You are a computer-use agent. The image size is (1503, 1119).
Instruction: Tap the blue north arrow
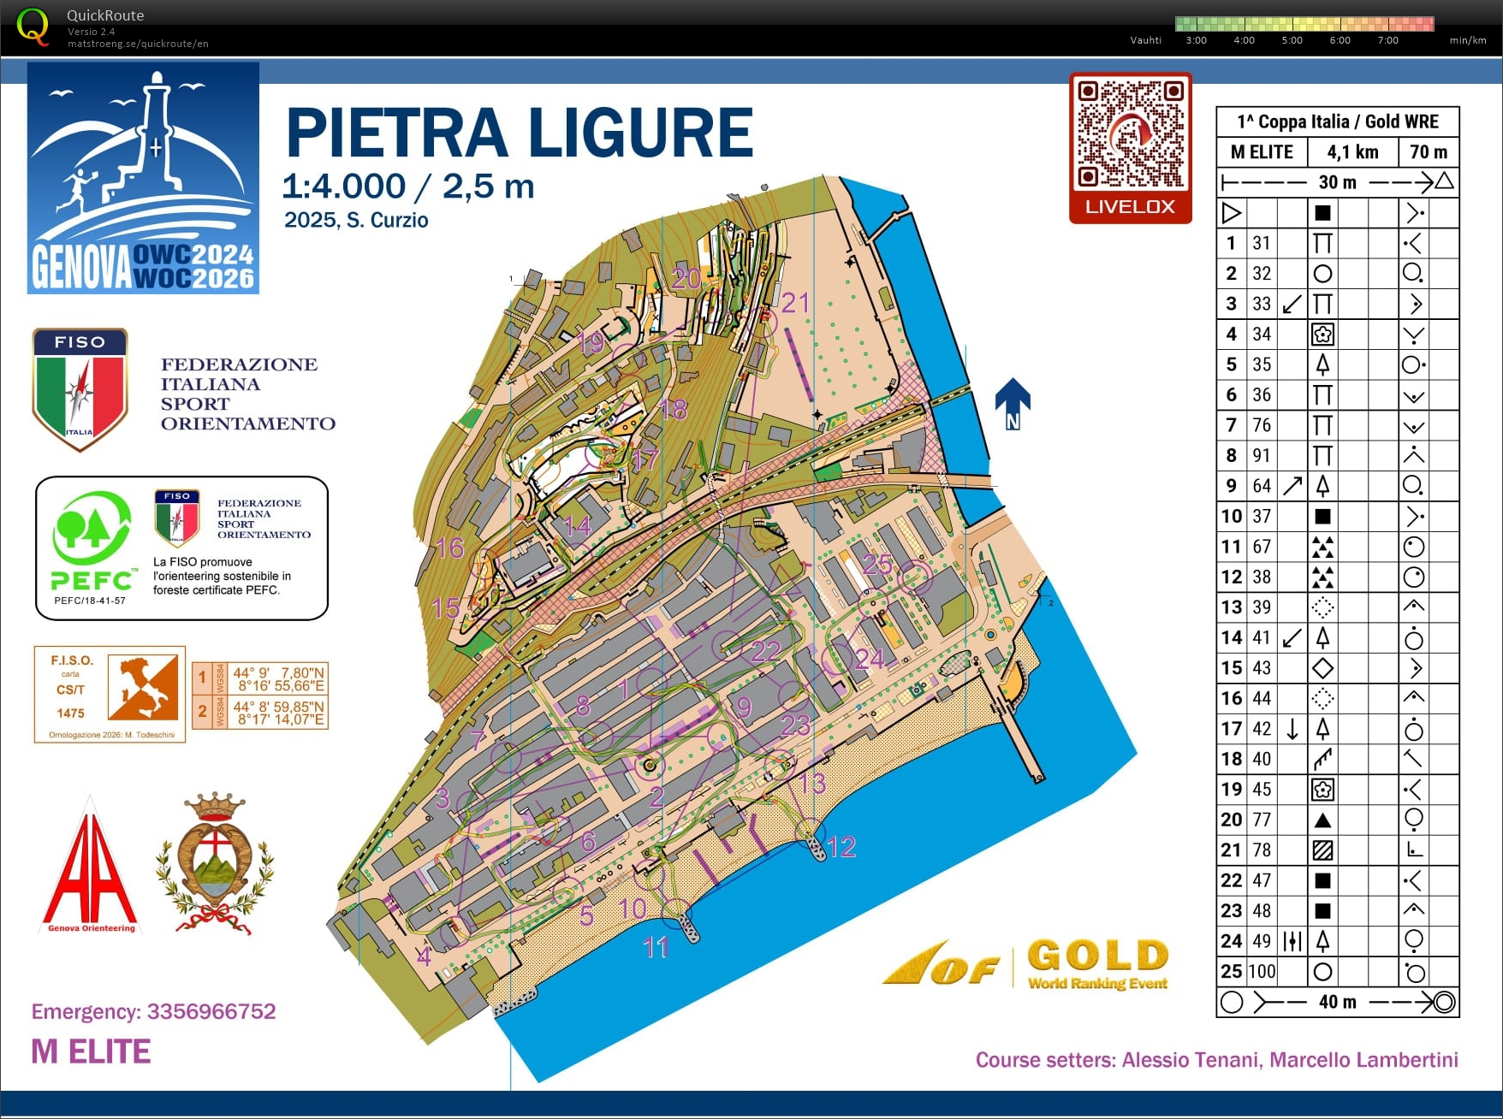pyautogui.click(x=1013, y=402)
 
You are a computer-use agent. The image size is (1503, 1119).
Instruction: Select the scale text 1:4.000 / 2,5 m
pyautogui.click(x=407, y=186)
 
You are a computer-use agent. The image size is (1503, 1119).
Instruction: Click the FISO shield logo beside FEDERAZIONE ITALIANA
pyautogui.click(x=80, y=388)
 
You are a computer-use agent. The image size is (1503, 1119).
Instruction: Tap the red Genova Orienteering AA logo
pyautogui.click(x=90, y=868)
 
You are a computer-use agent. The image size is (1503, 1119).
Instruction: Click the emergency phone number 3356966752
pyautogui.click(x=211, y=1011)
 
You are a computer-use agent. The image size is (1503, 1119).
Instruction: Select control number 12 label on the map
pyautogui.click(x=841, y=847)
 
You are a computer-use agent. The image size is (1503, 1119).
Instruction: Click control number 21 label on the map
pyautogui.click(x=795, y=302)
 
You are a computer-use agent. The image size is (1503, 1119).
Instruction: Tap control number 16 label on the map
pyautogui.click(x=449, y=548)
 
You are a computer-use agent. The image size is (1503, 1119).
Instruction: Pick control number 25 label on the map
pyautogui.click(x=877, y=564)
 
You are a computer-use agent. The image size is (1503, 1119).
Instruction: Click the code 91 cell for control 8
pyautogui.click(x=1262, y=455)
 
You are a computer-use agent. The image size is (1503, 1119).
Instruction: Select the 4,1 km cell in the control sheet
pyautogui.click(x=1352, y=152)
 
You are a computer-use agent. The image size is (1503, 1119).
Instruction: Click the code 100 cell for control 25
pyautogui.click(x=1262, y=971)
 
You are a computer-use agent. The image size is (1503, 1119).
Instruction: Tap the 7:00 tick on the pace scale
pyautogui.click(x=1387, y=40)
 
